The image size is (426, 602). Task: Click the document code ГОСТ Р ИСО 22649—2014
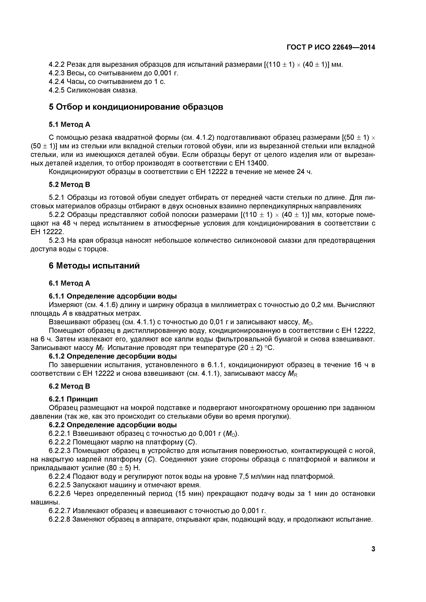click(x=331, y=47)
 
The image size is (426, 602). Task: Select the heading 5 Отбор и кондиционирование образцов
click(x=136, y=107)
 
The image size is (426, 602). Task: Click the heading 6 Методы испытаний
click(x=94, y=266)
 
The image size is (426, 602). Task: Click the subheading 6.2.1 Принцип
click(x=73, y=399)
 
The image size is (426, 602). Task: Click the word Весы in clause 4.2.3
click(x=76, y=73)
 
